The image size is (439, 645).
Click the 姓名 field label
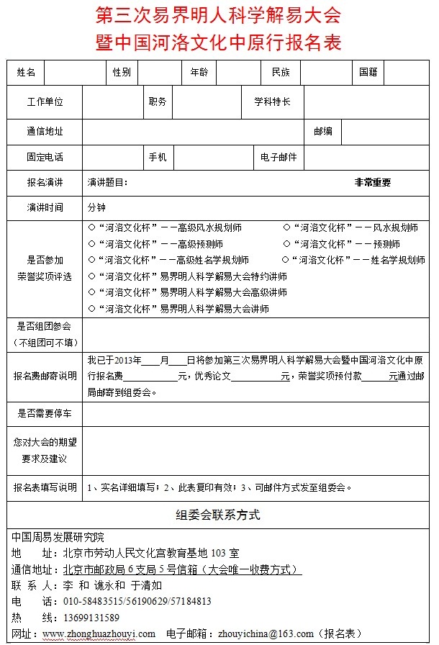click(26, 72)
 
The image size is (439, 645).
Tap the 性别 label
click(122, 72)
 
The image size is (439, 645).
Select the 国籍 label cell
click(368, 72)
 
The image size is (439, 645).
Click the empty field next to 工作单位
click(111, 102)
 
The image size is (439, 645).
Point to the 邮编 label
click(323, 131)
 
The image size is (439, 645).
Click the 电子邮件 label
click(279, 157)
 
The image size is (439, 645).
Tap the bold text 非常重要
click(373, 183)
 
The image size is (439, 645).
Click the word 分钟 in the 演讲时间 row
click(96, 207)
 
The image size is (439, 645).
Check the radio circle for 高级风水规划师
click(91, 227)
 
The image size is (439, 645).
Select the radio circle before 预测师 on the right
click(287, 244)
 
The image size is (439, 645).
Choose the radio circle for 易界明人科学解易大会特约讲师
click(91, 276)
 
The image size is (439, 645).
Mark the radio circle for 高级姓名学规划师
click(91, 260)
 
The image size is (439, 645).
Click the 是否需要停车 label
click(45, 413)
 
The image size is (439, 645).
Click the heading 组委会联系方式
click(218, 515)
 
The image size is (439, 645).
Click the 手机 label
click(158, 157)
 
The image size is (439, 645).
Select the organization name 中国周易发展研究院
click(58, 537)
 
